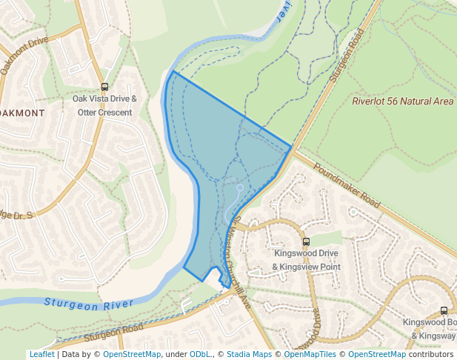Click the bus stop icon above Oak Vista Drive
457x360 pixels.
[104, 87]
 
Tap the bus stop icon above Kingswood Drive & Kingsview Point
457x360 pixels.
[305, 241]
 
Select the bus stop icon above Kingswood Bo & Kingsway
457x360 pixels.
[444, 311]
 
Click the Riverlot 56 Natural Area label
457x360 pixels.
[402, 101]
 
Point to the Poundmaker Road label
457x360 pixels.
[346, 184]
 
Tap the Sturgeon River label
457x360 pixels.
[88, 303]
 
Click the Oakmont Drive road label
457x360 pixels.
[25, 53]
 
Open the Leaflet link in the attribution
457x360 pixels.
[41, 355]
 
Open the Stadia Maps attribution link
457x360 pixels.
[250, 355]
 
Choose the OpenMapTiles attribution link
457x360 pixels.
[310, 355]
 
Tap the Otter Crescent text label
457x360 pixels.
[104, 113]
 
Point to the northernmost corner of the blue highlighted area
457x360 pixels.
[173, 72]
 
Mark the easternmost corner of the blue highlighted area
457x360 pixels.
[291, 147]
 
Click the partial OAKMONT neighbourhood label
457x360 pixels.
[22, 113]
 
